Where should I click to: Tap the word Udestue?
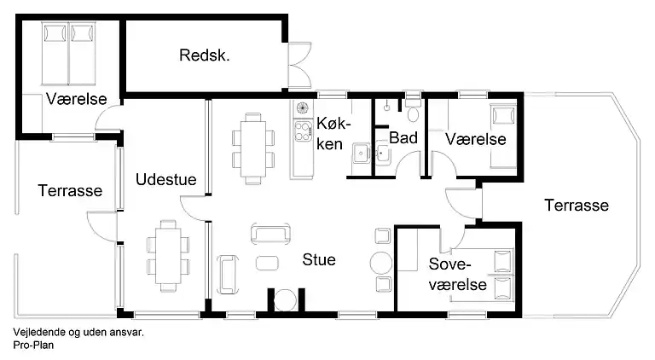coord(165,180)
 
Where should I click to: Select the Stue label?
coord(318,259)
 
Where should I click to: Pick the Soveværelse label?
coord(457,274)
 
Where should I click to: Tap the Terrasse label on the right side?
coord(577,206)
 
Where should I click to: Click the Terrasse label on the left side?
coord(70,191)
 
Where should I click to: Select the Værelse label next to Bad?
coord(475,138)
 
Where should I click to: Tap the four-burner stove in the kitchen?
coord(303,130)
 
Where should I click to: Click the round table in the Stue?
coord(380,261)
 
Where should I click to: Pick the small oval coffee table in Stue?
coord(268,262)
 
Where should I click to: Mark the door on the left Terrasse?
coord(101,226)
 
